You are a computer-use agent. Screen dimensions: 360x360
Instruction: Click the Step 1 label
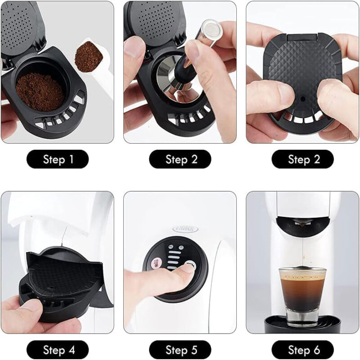coord(58,159)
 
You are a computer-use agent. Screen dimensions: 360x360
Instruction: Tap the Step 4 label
coord(58,350)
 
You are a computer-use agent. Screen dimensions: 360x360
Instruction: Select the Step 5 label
coord(180,350)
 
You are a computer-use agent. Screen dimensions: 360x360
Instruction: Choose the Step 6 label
coord(302,350)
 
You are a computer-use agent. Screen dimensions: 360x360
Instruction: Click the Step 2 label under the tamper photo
coord(180,159)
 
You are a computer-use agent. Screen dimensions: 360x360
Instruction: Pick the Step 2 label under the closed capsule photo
coord(302,159)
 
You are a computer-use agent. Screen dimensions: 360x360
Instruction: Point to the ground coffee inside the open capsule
coord(40,92)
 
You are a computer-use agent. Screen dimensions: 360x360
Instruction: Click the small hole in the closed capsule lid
coord(302,99)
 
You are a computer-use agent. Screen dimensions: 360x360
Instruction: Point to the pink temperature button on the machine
coord(157,263)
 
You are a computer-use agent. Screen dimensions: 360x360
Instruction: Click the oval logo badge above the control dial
coord(185,229)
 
